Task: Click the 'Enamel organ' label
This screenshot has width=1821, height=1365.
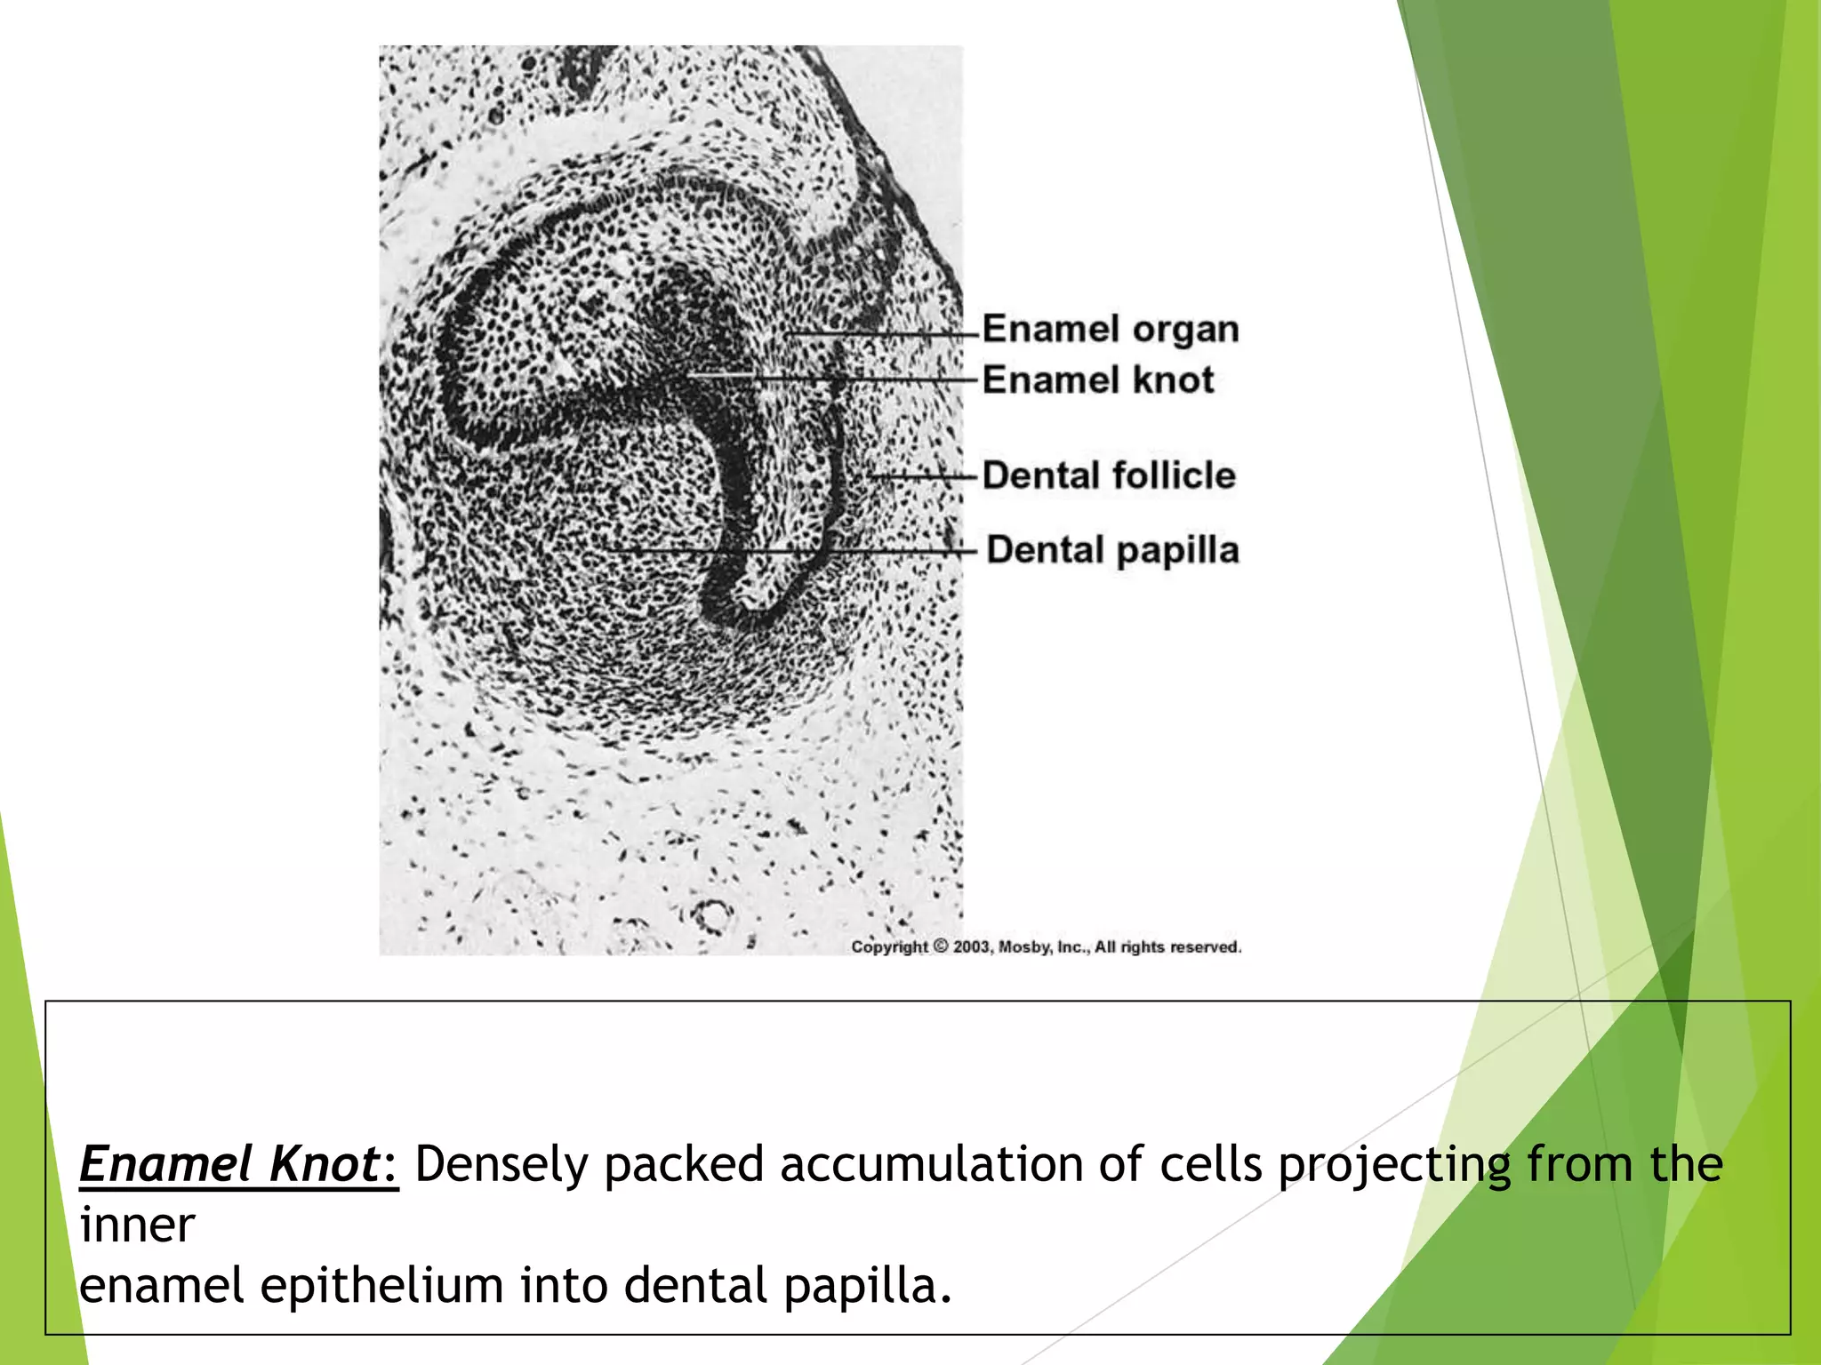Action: pyautogui.click(x=1110, y=330)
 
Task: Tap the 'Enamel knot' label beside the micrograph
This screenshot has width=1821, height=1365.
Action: pyautogui.click(x=1097, y=380)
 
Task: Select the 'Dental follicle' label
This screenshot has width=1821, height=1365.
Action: pyautogui.click(x=1108, y=475)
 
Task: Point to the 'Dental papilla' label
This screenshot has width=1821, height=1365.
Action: pyautogui.click(x=1112, y=550)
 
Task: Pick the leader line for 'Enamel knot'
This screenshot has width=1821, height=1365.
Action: pyautogui.click(x=836, y=379)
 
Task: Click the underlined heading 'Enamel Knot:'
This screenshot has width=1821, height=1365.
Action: pyautogui.click(x=238, y=1164)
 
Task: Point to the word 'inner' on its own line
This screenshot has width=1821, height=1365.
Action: pyautogui.click(x=137, y=1225)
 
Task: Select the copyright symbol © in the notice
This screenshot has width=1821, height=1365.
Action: pyautogui.click(x=940, y=947)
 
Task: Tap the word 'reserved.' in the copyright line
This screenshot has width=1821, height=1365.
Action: pyautogui.click(x=1206, y=947)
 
